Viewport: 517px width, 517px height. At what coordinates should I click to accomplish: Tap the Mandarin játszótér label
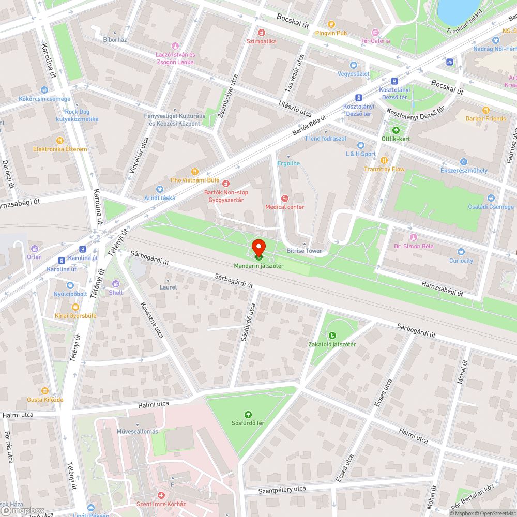click(258, 266)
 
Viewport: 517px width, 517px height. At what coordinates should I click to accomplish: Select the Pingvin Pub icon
click(331, 24)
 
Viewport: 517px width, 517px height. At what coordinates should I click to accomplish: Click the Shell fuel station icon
click(116, 283)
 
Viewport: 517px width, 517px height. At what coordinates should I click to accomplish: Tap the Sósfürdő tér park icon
click(248, 414)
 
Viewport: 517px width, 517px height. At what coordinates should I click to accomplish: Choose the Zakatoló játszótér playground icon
click(332, 336)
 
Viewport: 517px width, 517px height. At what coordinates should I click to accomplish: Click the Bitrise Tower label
click(304, 251)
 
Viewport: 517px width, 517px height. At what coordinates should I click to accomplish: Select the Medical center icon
click(284, 198)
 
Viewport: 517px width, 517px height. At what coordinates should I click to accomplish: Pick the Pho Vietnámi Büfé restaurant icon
click(195, 171)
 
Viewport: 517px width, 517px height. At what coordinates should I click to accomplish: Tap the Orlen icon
click(35, 248)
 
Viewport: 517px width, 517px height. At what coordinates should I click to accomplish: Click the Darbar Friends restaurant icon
click(485, 110)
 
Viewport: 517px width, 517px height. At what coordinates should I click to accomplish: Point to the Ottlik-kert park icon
click(396, 130)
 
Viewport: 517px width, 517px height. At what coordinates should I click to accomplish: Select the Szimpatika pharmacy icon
click(262, 32)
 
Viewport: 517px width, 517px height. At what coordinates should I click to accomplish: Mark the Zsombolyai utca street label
click(227, 96)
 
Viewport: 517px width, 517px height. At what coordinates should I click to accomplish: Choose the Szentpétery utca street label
click(282, 489)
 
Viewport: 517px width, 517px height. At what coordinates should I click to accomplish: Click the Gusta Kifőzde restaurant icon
click(45, 391)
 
